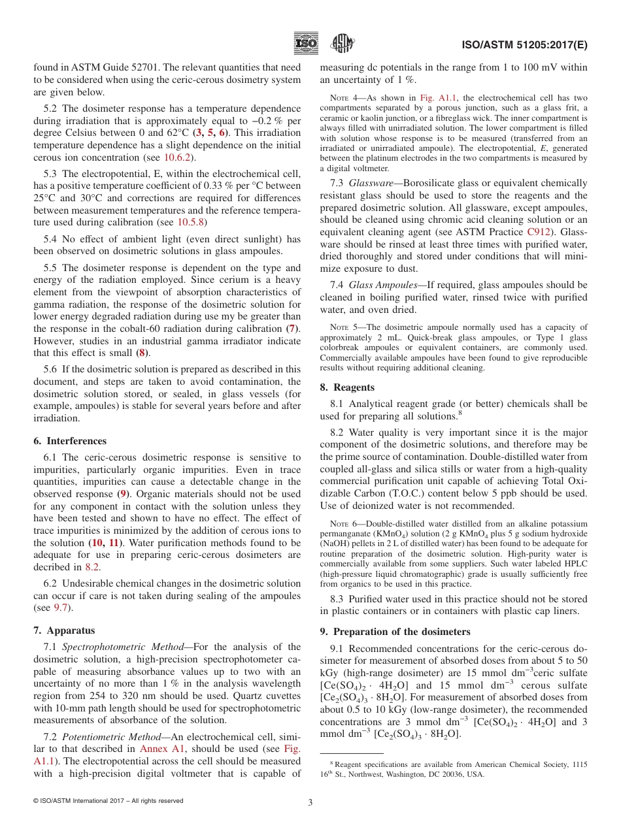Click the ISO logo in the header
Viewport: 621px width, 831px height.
[x=306, y=44]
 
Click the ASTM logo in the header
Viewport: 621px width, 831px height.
[x=342, y=44]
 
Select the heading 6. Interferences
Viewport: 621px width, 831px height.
[x=70, y=441]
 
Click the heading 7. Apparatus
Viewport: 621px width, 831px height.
[x=64, y=630]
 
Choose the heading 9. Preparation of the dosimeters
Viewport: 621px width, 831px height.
[x=395, y=632]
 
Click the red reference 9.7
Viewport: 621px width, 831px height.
[x=60, y=608]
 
